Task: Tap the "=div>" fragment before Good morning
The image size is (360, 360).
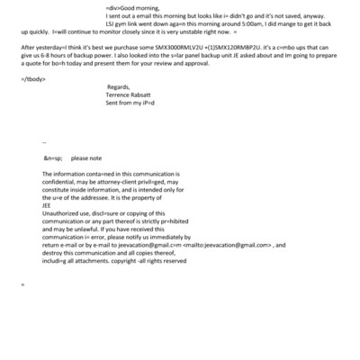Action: click(114, 7)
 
